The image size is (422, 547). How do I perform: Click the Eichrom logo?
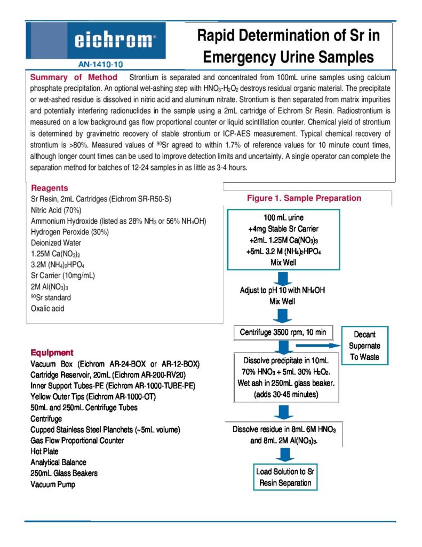tap(114, 41)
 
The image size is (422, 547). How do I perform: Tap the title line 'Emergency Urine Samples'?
tap(289, 57)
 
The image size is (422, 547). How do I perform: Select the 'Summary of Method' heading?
tap(74, 77)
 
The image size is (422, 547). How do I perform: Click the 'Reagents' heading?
tap(50, 188)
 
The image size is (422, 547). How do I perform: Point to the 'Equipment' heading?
tap(52, 353)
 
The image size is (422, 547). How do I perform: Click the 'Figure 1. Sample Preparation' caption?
tap(304, 198)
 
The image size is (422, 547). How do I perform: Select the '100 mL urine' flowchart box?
tap(283, 240)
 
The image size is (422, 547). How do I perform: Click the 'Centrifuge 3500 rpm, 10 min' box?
tap(283, 332)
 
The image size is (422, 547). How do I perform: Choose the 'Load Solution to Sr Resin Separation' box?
tap(285, 477)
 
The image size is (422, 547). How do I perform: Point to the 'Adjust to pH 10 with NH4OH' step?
tap(283, 295)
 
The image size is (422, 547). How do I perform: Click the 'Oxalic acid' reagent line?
tap(47, 308)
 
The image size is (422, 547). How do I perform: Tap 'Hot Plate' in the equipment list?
tap(45, 451)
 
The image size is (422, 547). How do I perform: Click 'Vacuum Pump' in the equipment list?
tap(53, 485)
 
